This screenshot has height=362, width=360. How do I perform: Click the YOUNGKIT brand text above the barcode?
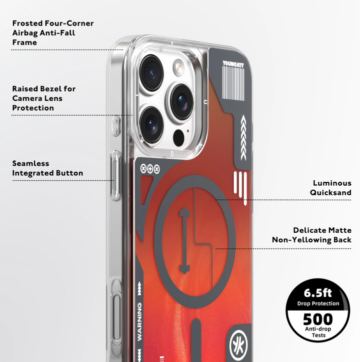click(233, 64)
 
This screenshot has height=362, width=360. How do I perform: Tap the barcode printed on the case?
click(233, 83)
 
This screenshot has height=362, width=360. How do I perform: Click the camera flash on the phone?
click(178, 67)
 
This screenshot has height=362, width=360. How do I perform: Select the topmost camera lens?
click(151, 73)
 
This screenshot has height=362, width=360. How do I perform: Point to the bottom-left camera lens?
click(151, 125)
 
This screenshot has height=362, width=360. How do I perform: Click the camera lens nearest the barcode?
click(182, 101)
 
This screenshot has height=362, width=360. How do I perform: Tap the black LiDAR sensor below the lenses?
click(178, 138)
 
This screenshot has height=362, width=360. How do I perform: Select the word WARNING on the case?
click(139, 322)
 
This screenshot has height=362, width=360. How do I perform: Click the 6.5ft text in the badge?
click(317, 293)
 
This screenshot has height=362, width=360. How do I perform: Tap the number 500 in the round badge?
click(318, 319)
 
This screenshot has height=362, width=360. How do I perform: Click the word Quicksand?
click(330, 192)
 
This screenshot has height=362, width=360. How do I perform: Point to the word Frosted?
click(27, 23)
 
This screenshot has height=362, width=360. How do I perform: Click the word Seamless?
click(31, 163)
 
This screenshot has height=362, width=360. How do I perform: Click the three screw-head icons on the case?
click(150, 169)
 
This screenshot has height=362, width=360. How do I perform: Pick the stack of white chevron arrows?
click(243, 138)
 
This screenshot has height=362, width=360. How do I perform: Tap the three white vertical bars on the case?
click(240, 187)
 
